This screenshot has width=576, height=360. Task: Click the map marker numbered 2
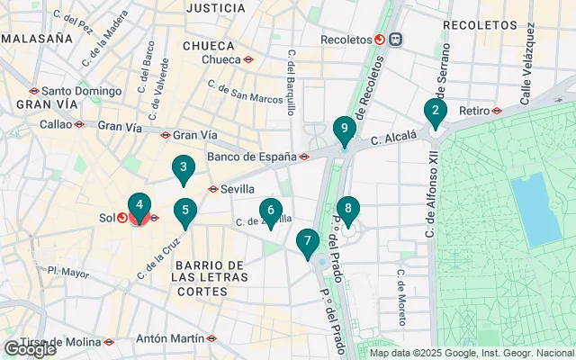click(x=435, y=112)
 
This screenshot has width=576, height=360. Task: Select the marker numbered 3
click(x=184, y=167)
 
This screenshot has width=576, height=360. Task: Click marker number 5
click(x=184, y=212)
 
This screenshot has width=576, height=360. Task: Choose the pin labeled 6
click(x=270, y=211)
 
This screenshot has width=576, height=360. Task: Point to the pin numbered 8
click(x=347, y=210)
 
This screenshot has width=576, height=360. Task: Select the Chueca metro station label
click(x=221, y=59)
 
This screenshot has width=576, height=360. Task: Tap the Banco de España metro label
click(x=252, y=157)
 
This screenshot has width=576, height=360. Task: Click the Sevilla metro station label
click(x=236, y=189)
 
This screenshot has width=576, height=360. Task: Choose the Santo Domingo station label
click(x=79, y=90)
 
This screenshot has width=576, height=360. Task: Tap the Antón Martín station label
click(x=168, y=339)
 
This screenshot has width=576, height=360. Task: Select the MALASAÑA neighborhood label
click(x=37, y=39)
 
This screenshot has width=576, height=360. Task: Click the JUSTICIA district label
click(x=215, y=8)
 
